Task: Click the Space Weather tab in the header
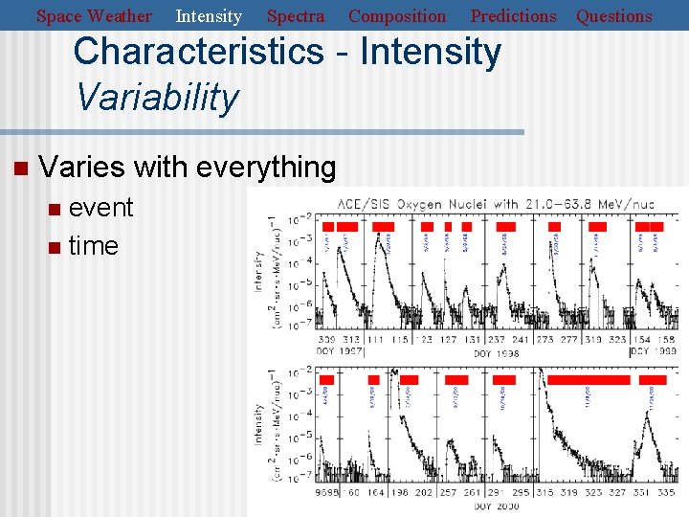(94, 16)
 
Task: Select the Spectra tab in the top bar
(295, 16)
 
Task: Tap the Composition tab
(397, 16)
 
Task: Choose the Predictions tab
(513, 16)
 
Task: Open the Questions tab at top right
(614, 16)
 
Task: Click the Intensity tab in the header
(209, 16)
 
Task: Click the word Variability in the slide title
(156, 98)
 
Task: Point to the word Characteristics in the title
(198, 52)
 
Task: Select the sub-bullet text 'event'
(100, 208)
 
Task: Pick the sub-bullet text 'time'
(93, 246)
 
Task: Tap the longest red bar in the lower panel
(588, 380)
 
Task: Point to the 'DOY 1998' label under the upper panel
(496, 353)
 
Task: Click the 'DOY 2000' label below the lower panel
(495, 505)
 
